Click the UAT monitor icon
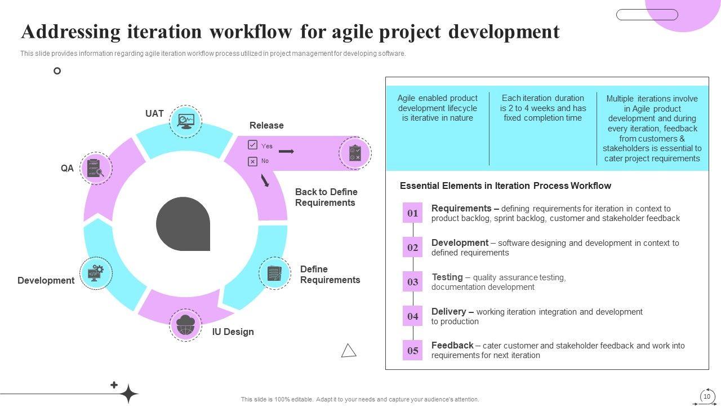186,121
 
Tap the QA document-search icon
96,168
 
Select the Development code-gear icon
96,273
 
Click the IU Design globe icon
186,325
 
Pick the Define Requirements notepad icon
274,273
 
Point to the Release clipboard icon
355,153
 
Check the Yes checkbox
253,145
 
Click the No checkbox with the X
253,161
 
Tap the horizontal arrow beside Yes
286,151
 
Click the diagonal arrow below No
265,180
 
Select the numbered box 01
413,213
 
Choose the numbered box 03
413,281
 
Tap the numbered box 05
413,350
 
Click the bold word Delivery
449,312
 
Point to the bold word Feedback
452,345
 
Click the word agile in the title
352,32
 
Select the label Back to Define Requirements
326,197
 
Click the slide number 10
707,396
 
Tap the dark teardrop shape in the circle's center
183,224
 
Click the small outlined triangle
349,351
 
